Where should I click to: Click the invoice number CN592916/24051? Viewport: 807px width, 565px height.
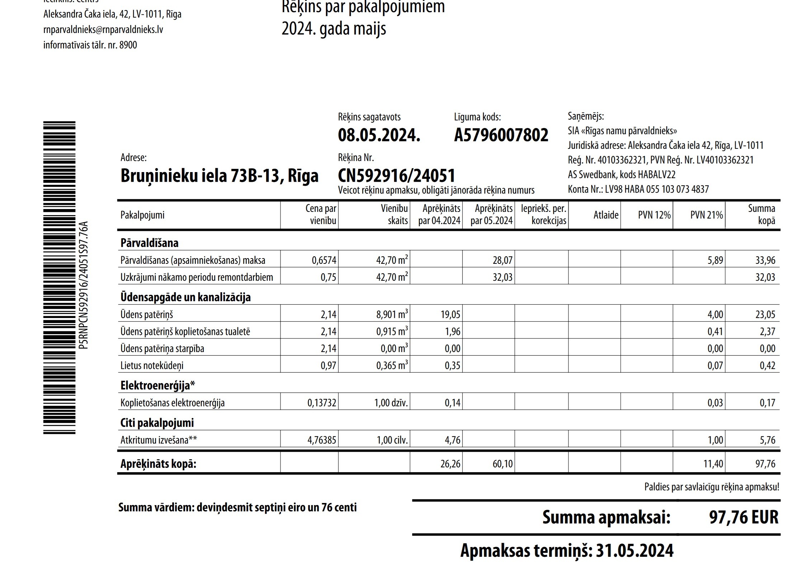point(396,176)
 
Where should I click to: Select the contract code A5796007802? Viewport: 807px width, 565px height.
point(501,135)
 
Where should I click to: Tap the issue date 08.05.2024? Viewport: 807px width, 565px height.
point(379,135)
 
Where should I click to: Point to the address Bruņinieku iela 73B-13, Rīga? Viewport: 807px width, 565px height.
point(219,176)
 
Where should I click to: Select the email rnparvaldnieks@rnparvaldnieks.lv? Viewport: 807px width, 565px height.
point(103,29)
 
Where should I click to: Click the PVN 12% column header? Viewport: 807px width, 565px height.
point(654,215)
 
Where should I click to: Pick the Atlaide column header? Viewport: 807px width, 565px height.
point(605,215)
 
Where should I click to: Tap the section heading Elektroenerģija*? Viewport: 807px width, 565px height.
point(157,385)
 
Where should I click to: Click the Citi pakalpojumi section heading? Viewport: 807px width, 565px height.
point(157,423)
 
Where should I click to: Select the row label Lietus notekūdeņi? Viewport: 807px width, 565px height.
point(152,365)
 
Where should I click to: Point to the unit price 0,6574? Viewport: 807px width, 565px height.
point(324,260)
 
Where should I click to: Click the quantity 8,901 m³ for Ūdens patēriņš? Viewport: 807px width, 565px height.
point(392,314)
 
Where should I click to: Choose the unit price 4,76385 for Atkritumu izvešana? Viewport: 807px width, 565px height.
point(322,440)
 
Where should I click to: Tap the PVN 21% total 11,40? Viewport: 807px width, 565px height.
point(713,464)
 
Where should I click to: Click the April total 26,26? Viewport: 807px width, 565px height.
point(450,464)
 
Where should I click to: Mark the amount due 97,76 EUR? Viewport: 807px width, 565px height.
point(743,517)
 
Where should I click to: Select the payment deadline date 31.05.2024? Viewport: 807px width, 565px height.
point(634,550)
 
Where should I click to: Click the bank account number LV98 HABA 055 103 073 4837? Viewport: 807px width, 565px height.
point(656,189)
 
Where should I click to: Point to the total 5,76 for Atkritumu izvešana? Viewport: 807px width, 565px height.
point(767,440)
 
